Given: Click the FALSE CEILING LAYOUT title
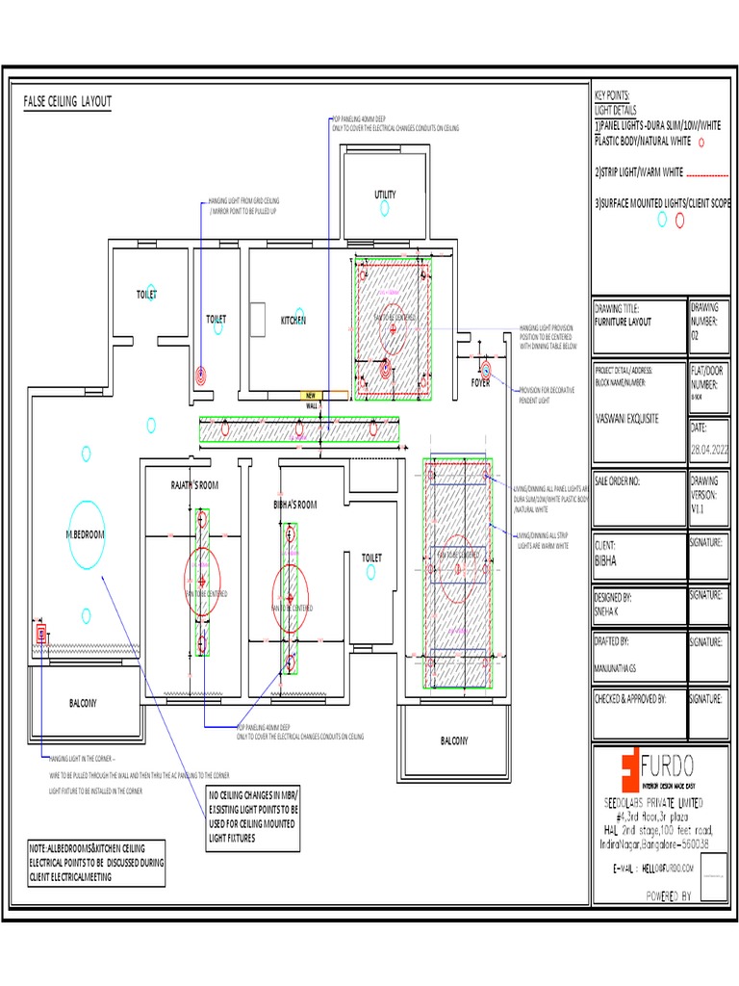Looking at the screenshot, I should pyautogui.click(x=67, y=101).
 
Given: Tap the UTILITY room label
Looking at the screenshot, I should pyautogui.click(x=385, y=195).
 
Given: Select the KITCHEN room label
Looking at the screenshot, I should pyautogui.click(x=293, y=319).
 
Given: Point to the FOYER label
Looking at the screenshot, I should pyautogui.click(x=480, y=382).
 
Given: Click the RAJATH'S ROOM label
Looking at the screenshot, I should pyautogui.click(x=195, y=485).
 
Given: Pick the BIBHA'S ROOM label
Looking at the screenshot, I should pyautogui.click(x=294, y=504).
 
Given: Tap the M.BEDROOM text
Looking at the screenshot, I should pyautogui.click(x=85, y=533).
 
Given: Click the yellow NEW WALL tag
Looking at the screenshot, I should pyautogui.click(x=311, y=396).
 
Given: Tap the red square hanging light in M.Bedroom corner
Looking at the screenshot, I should pyautogui.click(x=41, y=633).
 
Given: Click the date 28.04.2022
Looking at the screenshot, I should pyautogui.click(x=711, y=450).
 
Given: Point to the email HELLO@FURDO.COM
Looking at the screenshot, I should pyautogui.click(x=666, y=869).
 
